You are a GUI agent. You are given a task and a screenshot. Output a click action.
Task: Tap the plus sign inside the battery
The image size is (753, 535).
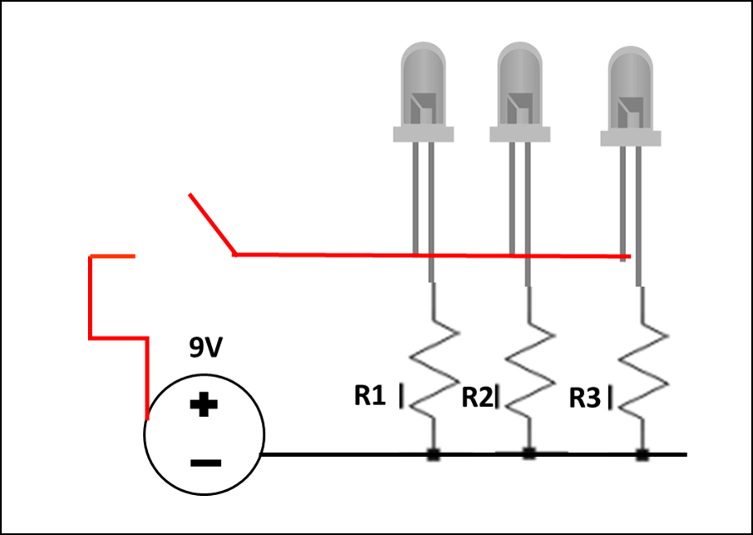(x=203, y=406)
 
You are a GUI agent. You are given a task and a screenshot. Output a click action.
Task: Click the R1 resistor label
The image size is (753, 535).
(x=370, y=397)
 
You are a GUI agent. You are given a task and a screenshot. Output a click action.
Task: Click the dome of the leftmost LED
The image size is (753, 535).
(x=424, y=79)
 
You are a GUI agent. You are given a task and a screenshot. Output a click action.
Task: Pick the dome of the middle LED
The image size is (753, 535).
(x=521, y=79)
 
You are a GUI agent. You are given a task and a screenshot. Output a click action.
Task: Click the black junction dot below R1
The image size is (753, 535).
(x=433, y=455)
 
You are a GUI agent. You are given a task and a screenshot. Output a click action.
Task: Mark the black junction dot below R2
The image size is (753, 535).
(x=529, y=454)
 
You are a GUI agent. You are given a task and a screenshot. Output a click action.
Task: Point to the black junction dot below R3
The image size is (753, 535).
(x=642, y=455)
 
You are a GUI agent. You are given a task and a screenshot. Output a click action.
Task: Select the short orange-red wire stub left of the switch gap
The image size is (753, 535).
(x=112, y=257)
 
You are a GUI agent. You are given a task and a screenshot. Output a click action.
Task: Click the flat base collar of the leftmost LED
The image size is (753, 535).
(x=424, y=134)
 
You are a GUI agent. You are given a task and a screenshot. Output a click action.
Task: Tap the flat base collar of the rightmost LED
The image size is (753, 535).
(x=631, y=137)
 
